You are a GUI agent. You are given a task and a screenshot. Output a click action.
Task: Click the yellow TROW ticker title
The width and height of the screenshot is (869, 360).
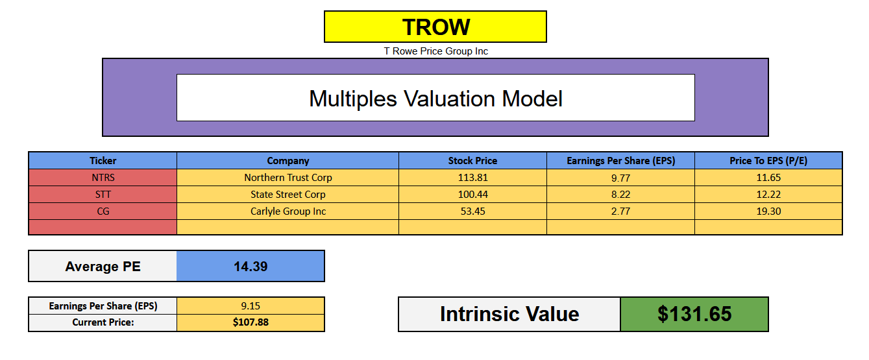coord(435,27)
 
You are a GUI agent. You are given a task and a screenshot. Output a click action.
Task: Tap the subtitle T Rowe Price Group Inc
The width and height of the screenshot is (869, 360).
coord(435,51)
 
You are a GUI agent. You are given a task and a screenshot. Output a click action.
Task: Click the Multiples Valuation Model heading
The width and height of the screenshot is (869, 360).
coord(435,99)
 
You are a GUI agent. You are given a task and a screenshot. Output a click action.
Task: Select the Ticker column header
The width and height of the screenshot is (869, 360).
coord(103,161)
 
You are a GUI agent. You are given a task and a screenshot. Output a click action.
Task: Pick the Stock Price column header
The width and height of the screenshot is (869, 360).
coord(472,161)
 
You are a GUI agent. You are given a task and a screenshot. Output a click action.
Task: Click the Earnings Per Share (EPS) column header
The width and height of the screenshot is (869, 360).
coord(620,161)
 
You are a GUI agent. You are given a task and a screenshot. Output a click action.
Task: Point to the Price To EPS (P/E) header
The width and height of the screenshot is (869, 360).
coord(768,161)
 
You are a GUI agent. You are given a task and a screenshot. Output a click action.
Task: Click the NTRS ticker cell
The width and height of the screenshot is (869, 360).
coord(103,178)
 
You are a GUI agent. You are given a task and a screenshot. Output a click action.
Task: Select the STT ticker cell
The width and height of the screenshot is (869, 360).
coord(103,195)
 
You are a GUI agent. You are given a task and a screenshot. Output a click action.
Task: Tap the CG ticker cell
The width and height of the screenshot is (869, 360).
coord(103,211)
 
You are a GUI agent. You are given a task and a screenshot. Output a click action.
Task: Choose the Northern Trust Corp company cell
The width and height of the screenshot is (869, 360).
coord(288,178)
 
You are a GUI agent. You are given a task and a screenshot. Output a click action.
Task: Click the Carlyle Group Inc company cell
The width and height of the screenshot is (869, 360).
coord(288,211)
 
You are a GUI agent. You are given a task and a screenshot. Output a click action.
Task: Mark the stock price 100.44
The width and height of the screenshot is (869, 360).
coord(472,195)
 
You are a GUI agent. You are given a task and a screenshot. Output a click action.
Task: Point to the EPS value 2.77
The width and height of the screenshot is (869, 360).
coord(620,211)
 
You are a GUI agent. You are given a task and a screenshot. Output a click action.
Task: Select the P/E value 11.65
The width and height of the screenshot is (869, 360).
coord(768,178)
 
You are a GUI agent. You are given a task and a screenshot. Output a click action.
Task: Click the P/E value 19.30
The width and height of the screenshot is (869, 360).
coord(768,211)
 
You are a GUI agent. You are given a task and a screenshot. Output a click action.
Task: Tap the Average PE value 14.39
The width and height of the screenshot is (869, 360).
coord(251,266)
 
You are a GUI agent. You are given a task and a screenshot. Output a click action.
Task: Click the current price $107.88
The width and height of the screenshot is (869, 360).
coord(251,322)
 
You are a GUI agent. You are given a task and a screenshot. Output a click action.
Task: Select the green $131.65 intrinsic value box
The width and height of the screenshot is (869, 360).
coord(694,315)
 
